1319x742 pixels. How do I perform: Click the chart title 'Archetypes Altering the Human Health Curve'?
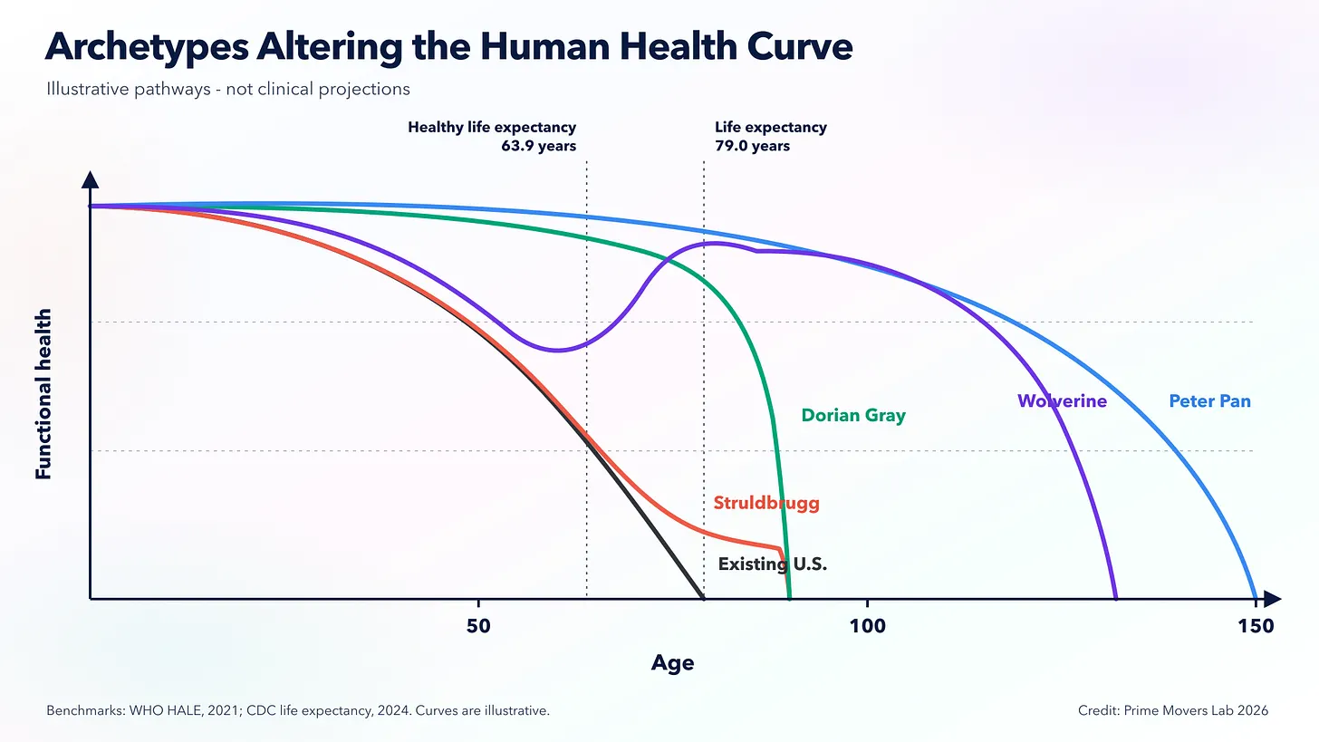click(448, 47)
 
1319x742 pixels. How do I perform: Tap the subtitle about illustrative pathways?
click(228, 89)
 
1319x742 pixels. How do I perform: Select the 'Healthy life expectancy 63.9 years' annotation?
click(492, 136)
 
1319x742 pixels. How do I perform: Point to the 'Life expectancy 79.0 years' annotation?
click(771, 136)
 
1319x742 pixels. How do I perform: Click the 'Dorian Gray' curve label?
click(853, 415)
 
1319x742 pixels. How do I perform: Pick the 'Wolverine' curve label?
click(1062, 401)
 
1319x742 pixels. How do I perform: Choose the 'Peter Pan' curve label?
click(1209, 401)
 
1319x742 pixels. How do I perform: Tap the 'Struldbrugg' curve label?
click(766, 503)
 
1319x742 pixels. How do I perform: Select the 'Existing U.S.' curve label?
click(773, 564)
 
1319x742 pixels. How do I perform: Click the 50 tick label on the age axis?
click(478, 626)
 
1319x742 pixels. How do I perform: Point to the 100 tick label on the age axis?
click(867, 626)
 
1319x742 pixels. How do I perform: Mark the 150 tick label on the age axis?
click(1256, 626)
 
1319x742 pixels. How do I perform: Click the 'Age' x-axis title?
click(672, 663)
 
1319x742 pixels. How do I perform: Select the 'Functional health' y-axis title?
click(43, 394)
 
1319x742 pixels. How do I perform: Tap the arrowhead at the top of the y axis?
click(90, 179)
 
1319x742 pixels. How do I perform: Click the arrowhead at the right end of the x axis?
click(1273, 599)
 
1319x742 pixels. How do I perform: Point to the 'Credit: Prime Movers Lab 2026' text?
click(1173, 711)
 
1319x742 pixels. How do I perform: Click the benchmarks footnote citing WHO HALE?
click(298, 711)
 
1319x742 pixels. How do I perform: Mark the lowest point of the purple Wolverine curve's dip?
click(556, 351)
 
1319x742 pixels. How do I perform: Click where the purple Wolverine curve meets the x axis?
click(1116, 598)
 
